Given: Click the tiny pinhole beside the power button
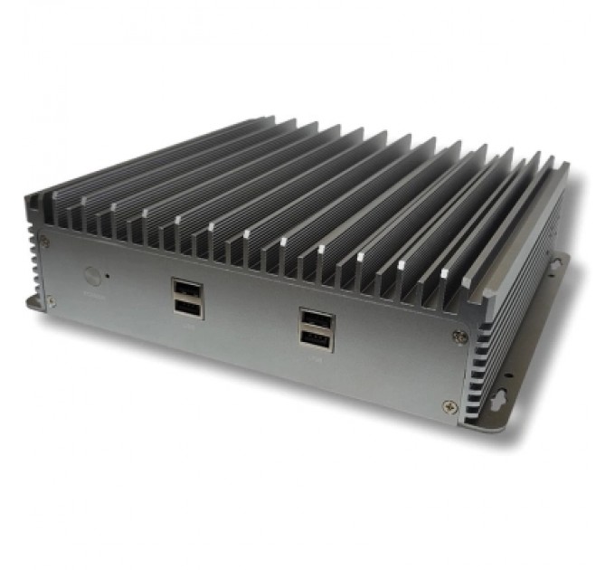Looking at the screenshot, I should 109,273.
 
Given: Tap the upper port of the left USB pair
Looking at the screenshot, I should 187,290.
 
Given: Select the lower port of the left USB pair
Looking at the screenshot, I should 187,309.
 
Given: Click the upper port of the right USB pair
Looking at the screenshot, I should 317,320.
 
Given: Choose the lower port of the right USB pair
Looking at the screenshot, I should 317,340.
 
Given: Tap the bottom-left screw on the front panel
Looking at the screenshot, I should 51,301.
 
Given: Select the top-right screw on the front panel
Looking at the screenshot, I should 460,337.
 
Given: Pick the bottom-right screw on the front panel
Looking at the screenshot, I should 449,406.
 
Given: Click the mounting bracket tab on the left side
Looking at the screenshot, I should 34,302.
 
